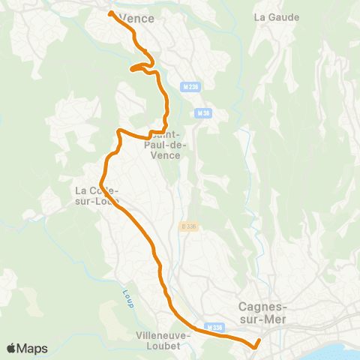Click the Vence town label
140,17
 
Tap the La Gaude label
277,17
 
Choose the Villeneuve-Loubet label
163,341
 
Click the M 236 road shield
190,88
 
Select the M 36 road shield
201,113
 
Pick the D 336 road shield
188,226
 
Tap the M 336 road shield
215,327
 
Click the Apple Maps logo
27,348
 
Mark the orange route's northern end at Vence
111,13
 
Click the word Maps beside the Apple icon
33,348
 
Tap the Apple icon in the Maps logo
11,347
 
